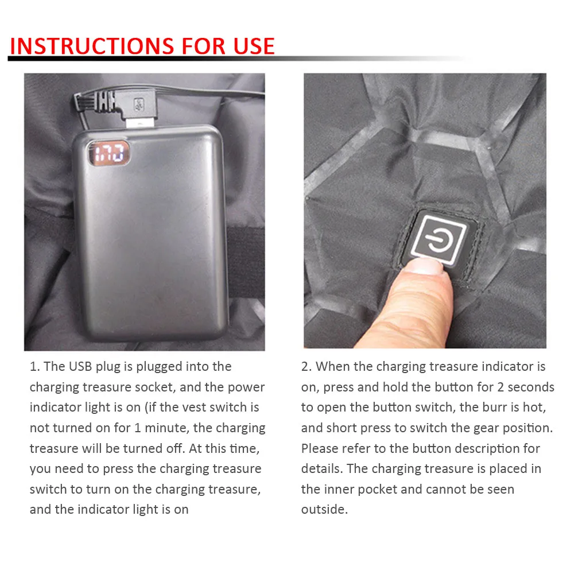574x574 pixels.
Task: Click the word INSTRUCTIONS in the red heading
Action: click(92, 46)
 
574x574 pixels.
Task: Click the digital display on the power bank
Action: click(108, 153)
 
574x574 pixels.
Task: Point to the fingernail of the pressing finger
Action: click(426, 266)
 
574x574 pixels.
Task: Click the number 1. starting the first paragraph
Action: click(35, 366)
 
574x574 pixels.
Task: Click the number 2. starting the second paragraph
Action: click(307, 366)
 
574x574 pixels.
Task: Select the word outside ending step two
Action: click(324, 510)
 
